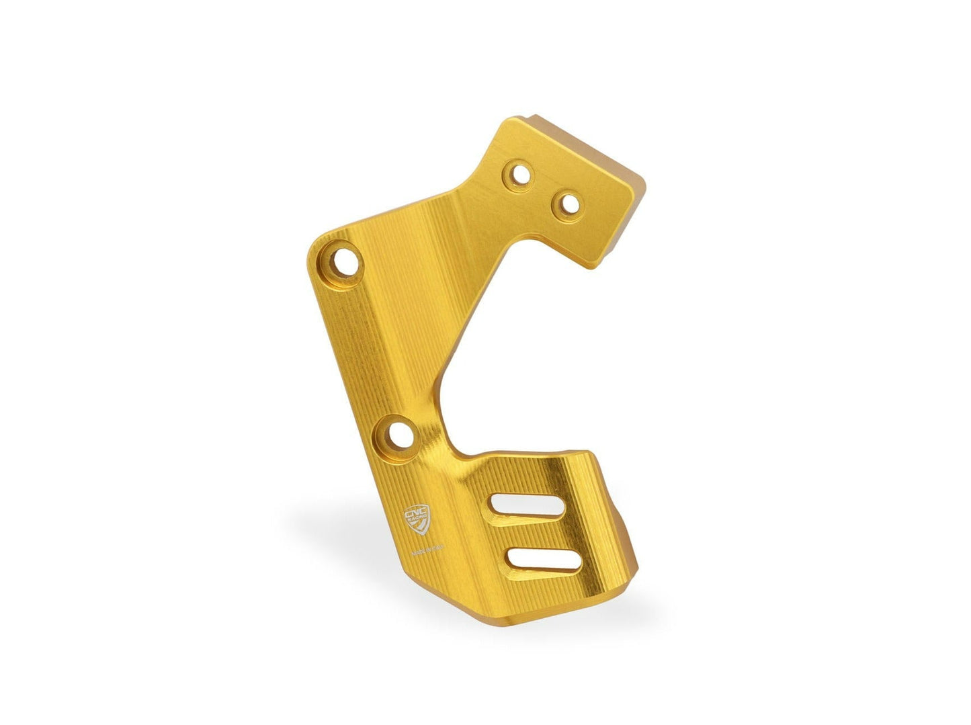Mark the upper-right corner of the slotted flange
coord(591,454)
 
